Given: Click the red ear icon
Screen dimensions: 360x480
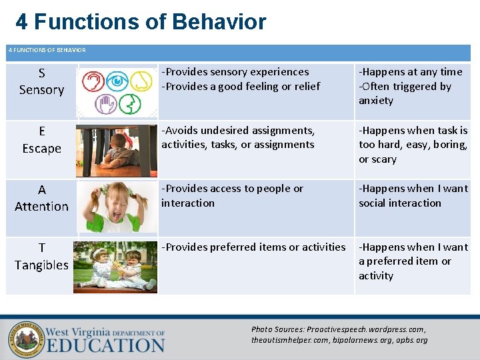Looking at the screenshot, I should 93,81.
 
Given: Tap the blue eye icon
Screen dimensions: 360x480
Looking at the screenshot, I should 117,81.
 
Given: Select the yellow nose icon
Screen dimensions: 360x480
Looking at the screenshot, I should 141,81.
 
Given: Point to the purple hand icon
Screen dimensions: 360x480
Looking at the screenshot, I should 105,104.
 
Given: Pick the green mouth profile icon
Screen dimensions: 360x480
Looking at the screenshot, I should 130,104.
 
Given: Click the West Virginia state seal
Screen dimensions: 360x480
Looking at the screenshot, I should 25,339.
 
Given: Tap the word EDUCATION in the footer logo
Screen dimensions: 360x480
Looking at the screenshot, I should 105,345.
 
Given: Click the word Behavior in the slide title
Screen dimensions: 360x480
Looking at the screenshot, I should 219,22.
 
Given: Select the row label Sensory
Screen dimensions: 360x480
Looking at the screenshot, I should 41,90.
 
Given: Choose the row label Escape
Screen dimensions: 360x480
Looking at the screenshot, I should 41,149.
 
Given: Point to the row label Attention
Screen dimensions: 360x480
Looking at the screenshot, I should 41,207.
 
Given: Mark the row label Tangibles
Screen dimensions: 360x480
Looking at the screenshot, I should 41,265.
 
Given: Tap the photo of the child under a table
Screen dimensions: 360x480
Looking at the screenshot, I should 116,150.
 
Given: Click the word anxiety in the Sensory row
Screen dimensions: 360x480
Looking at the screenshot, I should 376,101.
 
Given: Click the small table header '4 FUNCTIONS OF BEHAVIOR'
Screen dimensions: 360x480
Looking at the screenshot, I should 47,50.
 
